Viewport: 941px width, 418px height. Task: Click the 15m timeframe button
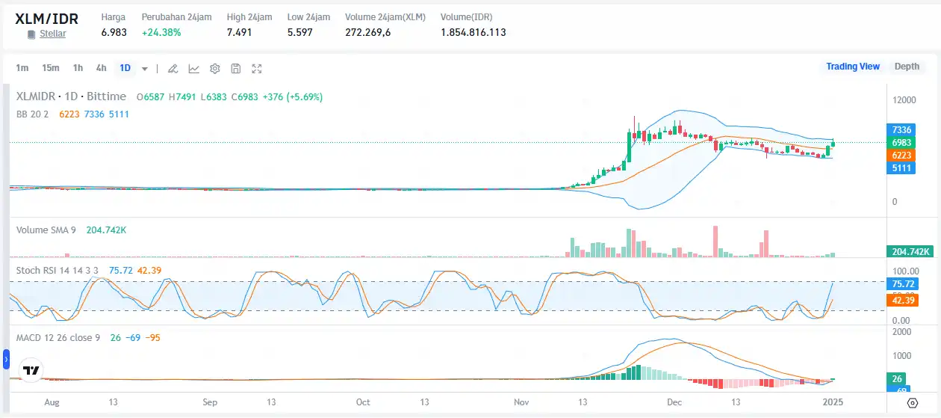pos(51,68)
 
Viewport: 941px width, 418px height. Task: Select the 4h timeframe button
pos(101,68)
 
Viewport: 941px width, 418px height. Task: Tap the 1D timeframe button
pos(125,68)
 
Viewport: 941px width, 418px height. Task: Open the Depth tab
pos(907,67)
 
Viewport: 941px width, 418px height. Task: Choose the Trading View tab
pos(853,67)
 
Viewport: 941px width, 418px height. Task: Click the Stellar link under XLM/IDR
pos(52,34)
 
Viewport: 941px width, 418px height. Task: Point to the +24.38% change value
pos(161,32)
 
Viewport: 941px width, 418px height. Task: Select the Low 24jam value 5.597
pos(299,32)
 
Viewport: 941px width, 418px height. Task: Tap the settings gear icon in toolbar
pos(215,69)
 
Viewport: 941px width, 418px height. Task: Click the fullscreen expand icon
pos(257,69)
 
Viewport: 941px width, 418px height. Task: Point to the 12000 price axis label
pos(906,100)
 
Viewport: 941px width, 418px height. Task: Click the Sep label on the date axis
pos(210,402)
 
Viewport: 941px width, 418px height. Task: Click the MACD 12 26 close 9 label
pos(58,338)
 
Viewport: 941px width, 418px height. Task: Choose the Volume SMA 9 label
pos(46,230)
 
